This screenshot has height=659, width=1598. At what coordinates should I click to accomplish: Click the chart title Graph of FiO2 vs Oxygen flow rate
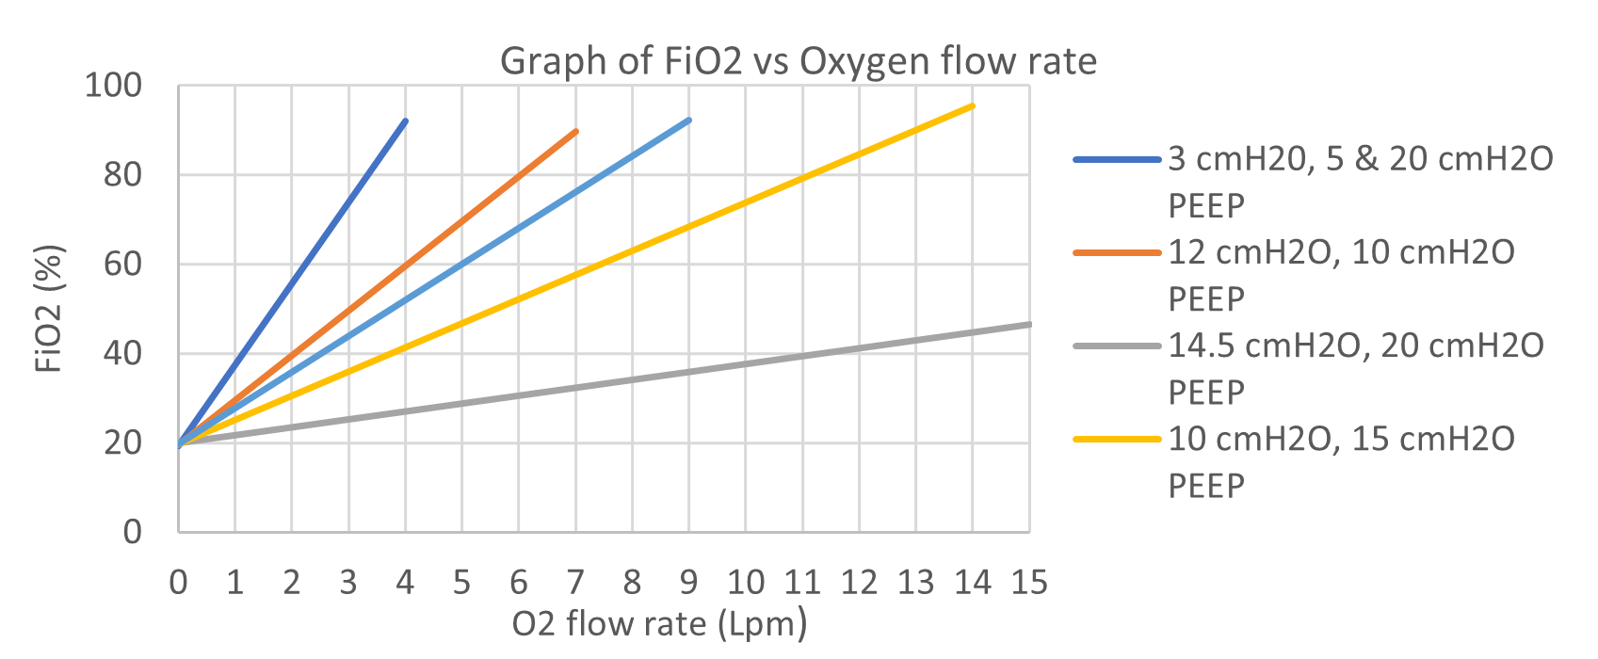[x=798, y=61]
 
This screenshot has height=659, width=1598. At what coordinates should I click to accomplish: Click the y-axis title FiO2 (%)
[x=49, y=309]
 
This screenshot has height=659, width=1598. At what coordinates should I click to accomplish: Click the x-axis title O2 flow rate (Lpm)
[x=659, y=624]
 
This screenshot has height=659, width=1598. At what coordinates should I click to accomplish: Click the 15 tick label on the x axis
[x=1029, y=583]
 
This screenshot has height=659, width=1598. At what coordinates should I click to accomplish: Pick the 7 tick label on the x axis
[x=575, y=583]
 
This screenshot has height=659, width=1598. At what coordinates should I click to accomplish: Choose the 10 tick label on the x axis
[x=745, y=583]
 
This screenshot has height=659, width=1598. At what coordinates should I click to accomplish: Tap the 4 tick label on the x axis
[x=405, y=583]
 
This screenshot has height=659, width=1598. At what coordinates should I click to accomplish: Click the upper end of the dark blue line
[x=406, y=121]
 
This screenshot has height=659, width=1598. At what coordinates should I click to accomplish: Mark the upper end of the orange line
[x=576, y=131]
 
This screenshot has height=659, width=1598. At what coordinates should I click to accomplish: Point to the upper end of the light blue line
[x=689, y=120]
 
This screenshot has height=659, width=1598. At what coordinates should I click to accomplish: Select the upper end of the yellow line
[x=973, y=105]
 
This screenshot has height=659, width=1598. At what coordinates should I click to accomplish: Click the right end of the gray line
[x=1029, y=324]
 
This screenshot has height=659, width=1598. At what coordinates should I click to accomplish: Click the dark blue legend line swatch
[x=1117, y=160]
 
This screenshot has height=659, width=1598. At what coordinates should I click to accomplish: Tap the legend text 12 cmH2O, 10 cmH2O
[x=1341, y=252]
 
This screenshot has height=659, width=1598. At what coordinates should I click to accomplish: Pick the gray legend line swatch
[x=1117, y=346]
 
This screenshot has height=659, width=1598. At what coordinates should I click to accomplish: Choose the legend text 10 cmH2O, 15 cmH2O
[x=1341, y=439]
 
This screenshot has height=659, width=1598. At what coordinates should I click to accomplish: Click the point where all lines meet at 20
[x=179, y=443]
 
